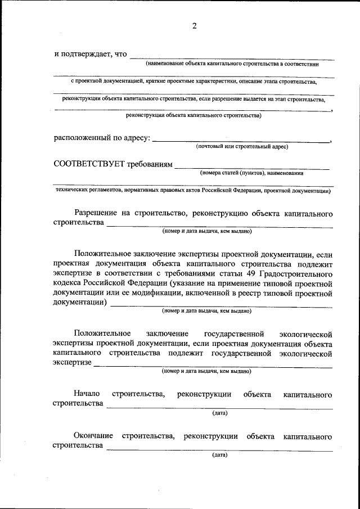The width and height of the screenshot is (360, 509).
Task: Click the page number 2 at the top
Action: coord(193,26)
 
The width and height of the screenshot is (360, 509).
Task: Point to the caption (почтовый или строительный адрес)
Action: coord(242,147)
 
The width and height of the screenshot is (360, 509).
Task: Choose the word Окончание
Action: coord(93,436)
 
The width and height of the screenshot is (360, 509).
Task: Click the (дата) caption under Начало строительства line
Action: coord(220,413)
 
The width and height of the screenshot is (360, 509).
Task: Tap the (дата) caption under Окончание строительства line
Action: coord(220,455)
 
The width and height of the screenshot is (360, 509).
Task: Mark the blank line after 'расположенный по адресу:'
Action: coord(241,141)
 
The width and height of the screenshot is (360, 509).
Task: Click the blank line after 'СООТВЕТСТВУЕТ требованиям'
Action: coord(251,168)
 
